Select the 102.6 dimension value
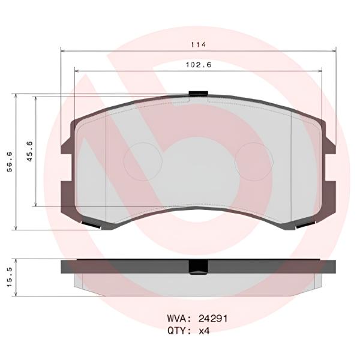click(199, 66)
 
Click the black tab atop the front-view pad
click(197, 93)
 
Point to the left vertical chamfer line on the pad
click(106, 168)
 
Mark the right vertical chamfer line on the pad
click(291, 168)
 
